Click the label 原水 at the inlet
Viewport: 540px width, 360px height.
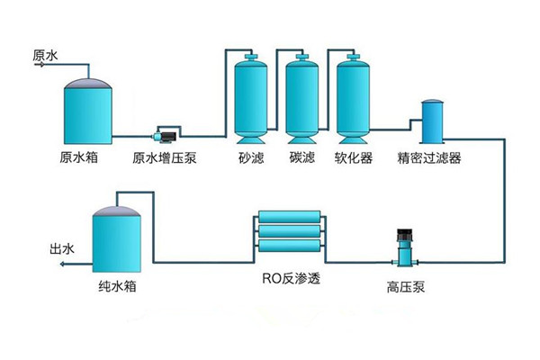coord(45,56)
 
